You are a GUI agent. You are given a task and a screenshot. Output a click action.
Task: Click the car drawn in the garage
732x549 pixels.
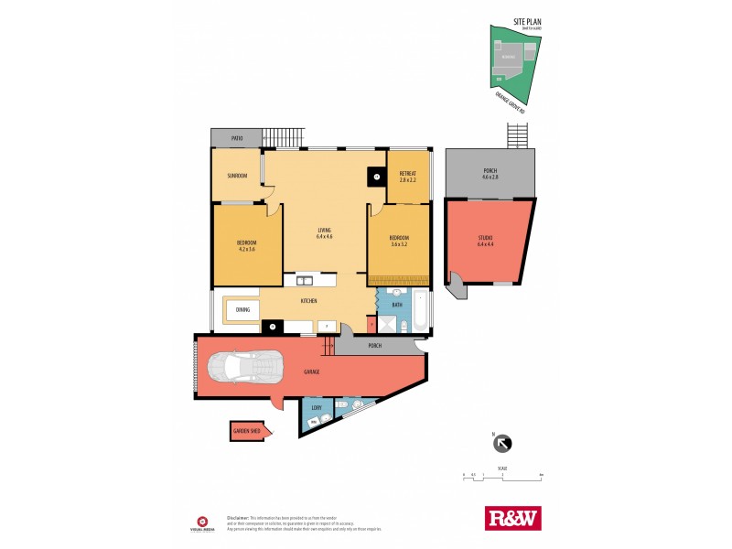pos(242,368)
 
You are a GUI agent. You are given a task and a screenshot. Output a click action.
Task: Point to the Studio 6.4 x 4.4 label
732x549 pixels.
pos(485,242)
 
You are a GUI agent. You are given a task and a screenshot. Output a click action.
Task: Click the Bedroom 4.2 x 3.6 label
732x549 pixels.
pos(247,245)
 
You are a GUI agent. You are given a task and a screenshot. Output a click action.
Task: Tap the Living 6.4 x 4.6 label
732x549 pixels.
pos(324,232)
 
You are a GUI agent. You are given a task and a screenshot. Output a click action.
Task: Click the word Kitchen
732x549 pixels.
pos(309,300)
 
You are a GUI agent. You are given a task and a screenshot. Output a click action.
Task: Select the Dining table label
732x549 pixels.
pos(242,310)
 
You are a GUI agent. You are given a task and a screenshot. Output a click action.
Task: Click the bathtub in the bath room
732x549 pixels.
pos(418,312)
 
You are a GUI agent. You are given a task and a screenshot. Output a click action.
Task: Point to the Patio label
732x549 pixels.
pos(236,138)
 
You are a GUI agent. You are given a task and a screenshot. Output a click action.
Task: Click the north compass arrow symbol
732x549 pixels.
pos(502,444)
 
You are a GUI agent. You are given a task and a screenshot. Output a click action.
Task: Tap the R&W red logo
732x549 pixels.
pos(511,518)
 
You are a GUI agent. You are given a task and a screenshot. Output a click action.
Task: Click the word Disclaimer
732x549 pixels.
pos(236,518)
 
